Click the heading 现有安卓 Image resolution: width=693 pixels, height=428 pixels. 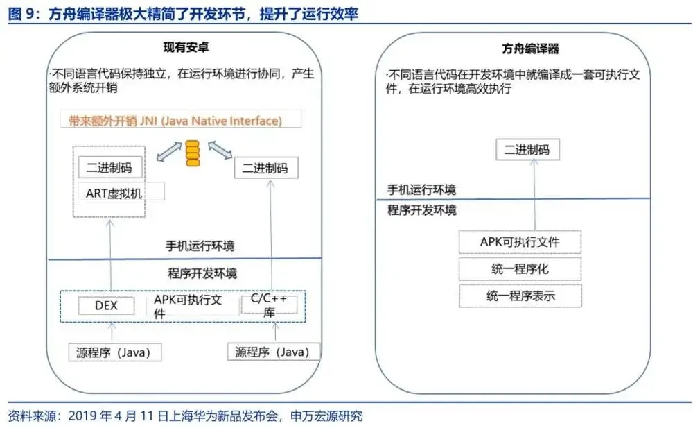pyautogui.click(x=186, y=49)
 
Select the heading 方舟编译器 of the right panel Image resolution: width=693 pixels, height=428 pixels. pyautogui.click(x=530, y=49)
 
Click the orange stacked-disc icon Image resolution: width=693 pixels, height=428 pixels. pyautogui.click(x=191, y=153)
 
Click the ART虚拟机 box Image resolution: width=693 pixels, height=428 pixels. pyautogui.click(x=114, y=193)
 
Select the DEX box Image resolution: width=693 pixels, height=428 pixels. pyautogui.click(x=105, y=305)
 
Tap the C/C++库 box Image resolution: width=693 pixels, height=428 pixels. pyautogui.click(x=269, y=305)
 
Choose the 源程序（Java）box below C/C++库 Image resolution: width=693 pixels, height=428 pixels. pyautogui.click(x=273, y=352)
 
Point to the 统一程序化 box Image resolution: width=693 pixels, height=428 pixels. pyautogui.click(x=519, y=269)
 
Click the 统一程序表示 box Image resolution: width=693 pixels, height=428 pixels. pyautogui.click(x=519, y=296)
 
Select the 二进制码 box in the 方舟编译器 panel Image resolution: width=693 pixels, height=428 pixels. pyautogui.click(x=527, y=150)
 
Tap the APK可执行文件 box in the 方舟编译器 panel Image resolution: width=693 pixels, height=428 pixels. pyautogui.click(x=519, y=242)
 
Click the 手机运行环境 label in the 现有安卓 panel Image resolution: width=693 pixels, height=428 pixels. pyautogui.click(x=199, y=246)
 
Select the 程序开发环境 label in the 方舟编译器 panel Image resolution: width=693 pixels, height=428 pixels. pyautogui.click(x=421, y=210)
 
